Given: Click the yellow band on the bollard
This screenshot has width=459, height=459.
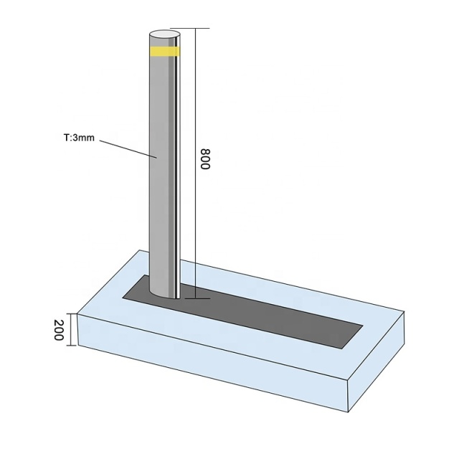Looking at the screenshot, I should [164, 52].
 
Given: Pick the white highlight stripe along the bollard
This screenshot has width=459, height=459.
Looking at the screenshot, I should [176, 179].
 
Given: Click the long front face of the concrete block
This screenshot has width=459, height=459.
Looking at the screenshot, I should [208, 366].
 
